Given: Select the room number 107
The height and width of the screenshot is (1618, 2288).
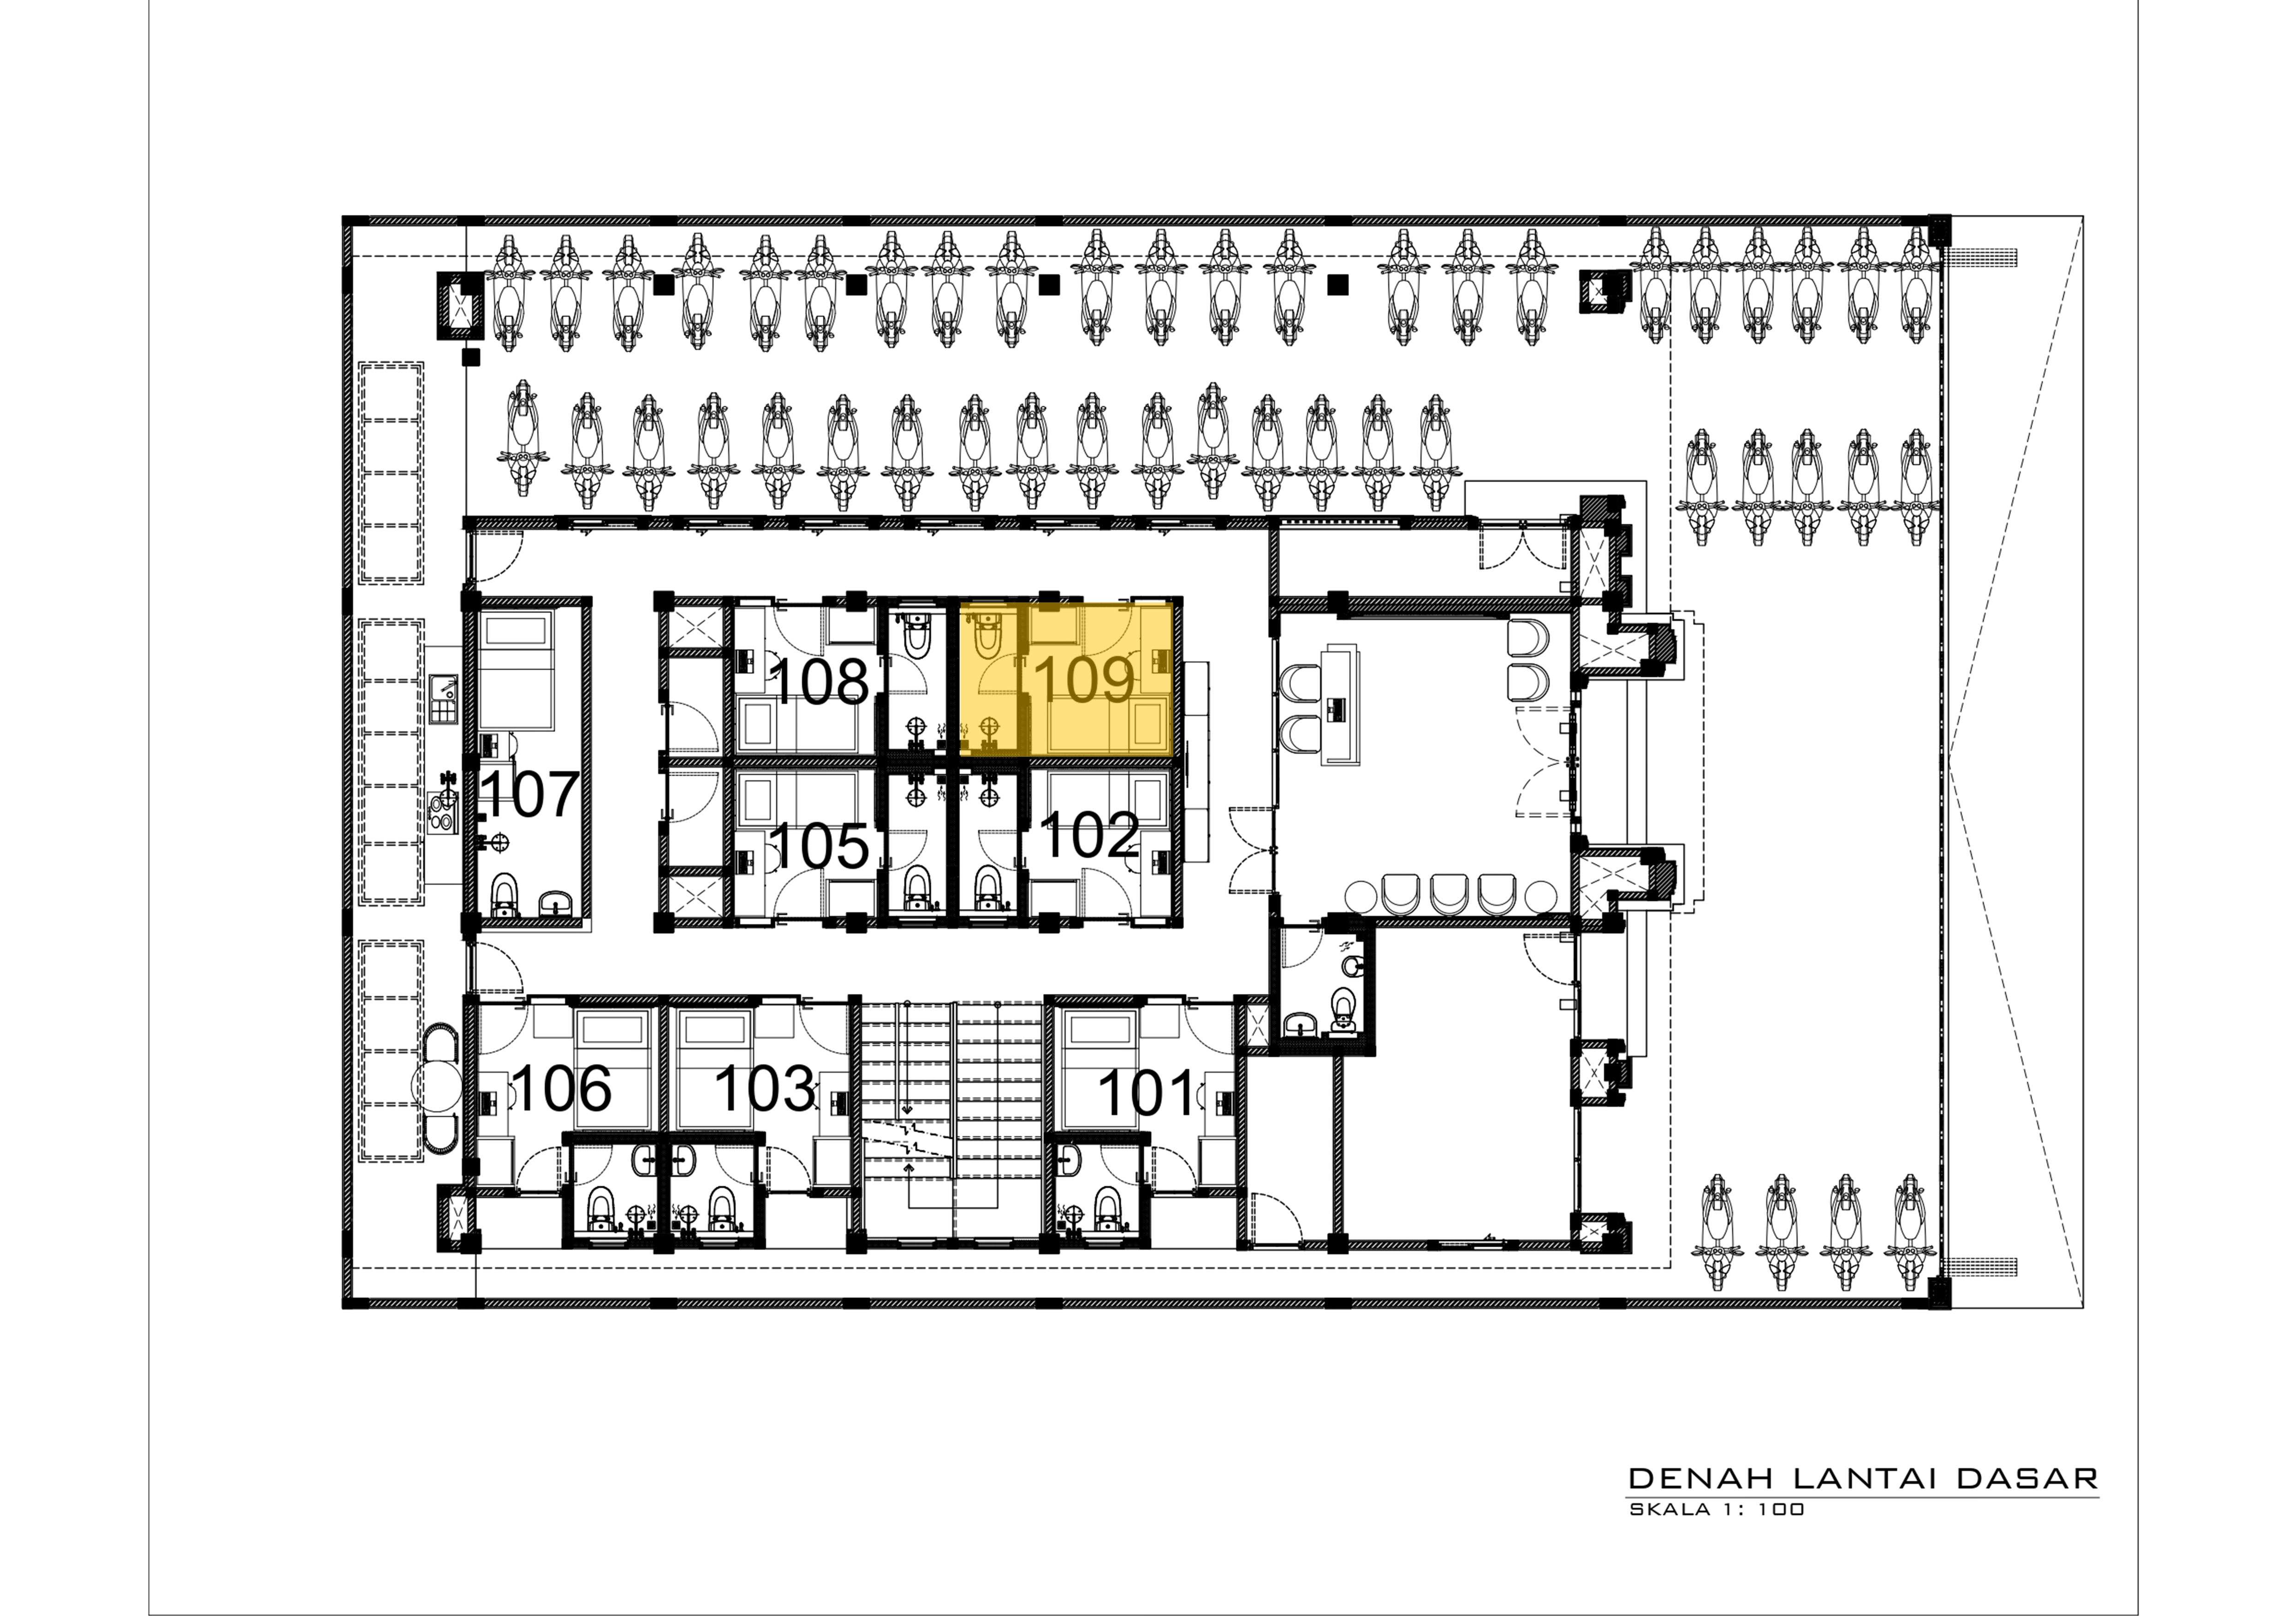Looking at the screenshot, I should (530, 794).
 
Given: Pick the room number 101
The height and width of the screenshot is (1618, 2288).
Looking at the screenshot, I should (1146, 1093).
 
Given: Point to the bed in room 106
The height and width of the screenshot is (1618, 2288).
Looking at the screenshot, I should (612, 1066).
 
